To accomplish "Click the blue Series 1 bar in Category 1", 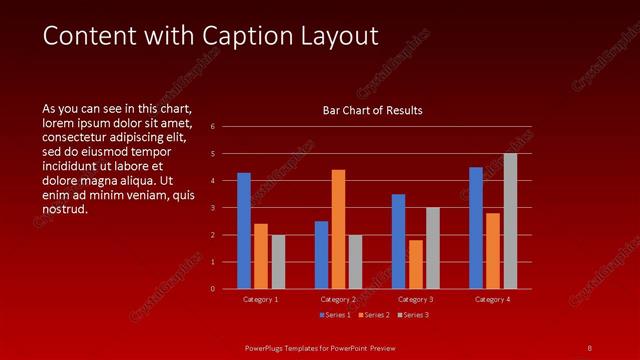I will click(x=244, y=231).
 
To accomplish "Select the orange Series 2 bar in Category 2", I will click(x=338, y=229).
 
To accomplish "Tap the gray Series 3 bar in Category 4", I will click(x=510, y=221).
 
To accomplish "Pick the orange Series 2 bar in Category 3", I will click(x=416, y=264).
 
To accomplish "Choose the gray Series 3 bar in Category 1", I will click(x=278, y=262).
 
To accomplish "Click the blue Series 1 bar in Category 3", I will click(x=399, y=241).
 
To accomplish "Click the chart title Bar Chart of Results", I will click(x=372, y=110).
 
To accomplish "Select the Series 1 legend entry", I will click(x=335, y=315).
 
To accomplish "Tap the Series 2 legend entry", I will click(x=374, y=315).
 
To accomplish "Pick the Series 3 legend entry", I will click(x=413, y=315).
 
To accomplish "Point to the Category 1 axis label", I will click(x=261, y=299).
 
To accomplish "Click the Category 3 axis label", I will click(x=416, y=299).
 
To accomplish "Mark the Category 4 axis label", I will click(x=493, y=299).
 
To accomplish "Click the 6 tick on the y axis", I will click(x=212, y=127).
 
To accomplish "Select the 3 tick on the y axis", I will click(x=212, y=208).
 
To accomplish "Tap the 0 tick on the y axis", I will click(x=212, y=289).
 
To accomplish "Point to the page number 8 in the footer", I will click(x=590, y=347).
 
